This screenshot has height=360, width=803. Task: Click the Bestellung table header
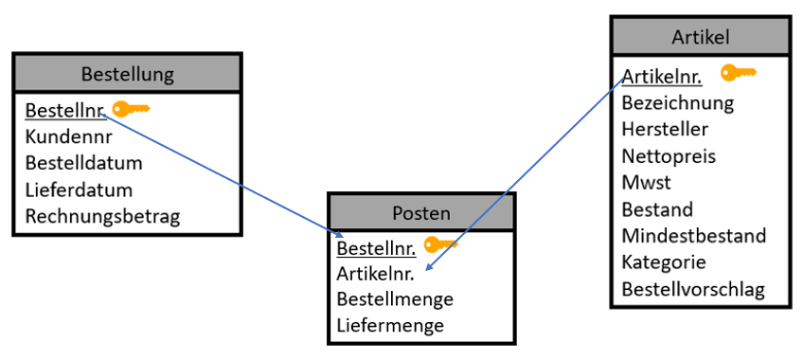127,74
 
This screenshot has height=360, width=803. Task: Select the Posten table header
421,213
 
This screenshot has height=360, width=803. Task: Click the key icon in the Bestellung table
131,109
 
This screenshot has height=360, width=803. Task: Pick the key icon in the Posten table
440,244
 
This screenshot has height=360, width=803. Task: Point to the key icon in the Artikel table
739,72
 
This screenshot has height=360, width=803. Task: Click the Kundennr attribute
69,136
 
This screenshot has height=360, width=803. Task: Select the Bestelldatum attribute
83,163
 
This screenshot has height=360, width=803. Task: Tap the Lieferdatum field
79,189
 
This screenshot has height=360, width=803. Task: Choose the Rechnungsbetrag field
102,216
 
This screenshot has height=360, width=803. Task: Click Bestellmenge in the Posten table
395,299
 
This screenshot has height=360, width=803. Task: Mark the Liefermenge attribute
390,326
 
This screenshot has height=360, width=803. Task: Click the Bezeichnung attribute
677,102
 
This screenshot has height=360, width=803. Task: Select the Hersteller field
665,129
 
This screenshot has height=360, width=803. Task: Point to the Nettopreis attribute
669,155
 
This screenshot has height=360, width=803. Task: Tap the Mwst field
646,182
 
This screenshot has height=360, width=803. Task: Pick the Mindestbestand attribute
693,235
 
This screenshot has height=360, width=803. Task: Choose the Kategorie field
664,261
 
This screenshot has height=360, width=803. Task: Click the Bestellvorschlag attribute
692,288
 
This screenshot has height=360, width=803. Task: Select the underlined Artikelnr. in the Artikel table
662,76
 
